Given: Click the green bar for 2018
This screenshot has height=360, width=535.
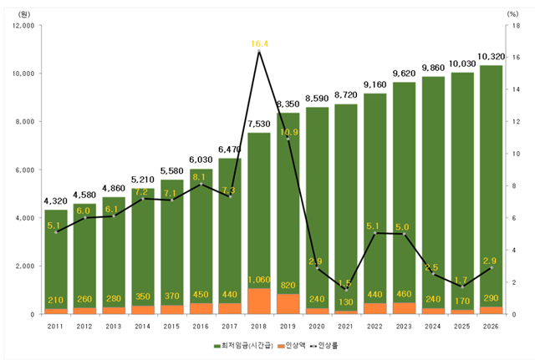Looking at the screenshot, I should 258,209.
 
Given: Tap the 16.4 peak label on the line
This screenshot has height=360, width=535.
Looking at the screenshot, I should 258,43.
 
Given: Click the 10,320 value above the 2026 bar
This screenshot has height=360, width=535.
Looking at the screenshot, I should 491,57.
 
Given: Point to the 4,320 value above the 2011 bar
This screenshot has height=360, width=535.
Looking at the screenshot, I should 56,200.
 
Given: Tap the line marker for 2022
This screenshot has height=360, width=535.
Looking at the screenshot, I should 374,233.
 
